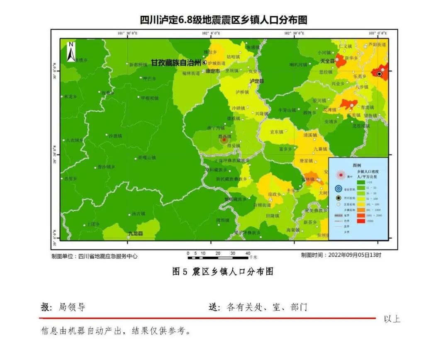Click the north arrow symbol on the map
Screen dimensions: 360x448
(71, 51)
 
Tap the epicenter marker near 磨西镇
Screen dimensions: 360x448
(224, 140)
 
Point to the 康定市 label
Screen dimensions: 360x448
(213, 71)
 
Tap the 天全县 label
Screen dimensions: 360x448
(327, 61)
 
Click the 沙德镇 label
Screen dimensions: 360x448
(115, 135)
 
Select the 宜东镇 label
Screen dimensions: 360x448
(277, 132)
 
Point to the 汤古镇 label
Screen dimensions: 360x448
(138, 214)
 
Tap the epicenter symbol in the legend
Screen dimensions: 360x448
(341, 175)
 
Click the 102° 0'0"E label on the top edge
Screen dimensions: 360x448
(212, 33)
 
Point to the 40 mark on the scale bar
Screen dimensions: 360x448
(248, 253)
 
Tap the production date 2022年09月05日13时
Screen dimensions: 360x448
(354, 255)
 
